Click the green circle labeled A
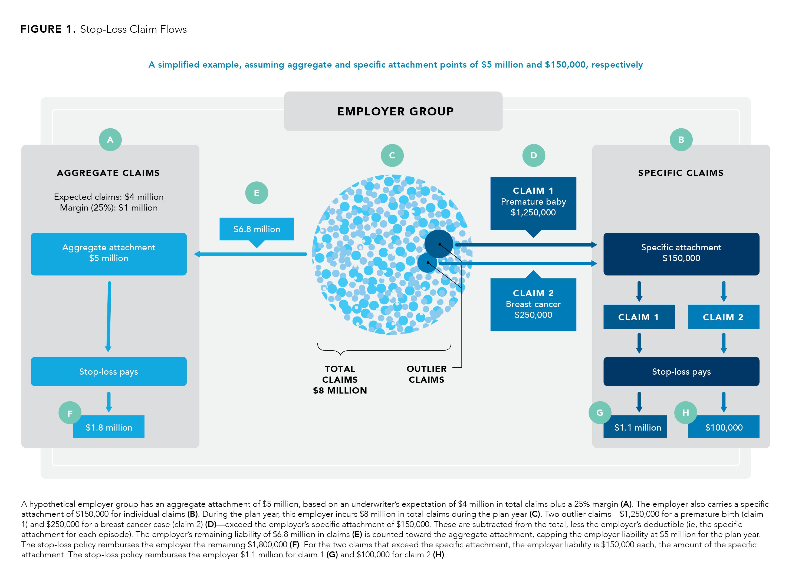110,139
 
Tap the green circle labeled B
681,139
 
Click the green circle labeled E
256,193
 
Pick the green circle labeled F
70,413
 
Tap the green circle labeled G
599,412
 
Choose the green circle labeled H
685,412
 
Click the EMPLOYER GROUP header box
393,111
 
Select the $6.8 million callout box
256,229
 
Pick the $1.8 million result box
109,427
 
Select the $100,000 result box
724,427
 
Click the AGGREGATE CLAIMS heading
108,173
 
